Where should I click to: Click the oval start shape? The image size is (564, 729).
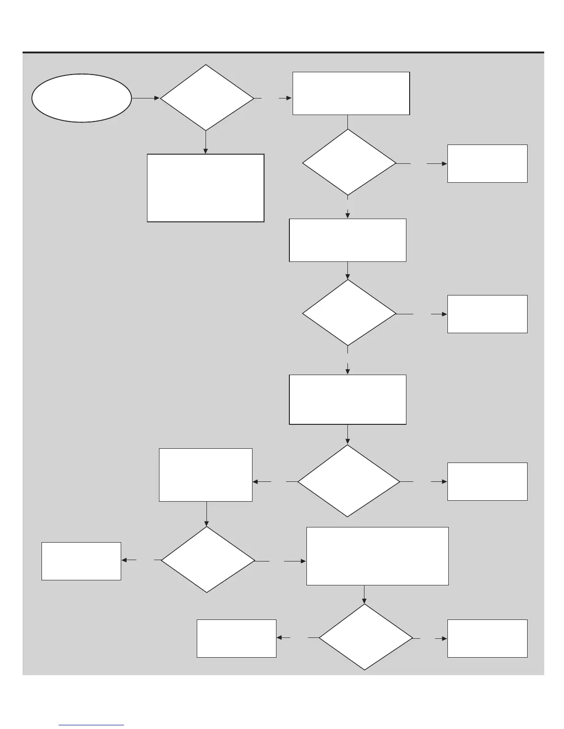pyautogui.click(x=82, y=98)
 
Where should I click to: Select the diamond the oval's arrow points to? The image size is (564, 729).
pyautogui.click(x=206, y=98)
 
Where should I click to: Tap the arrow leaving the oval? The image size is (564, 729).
pyautogui.click(x=146, y=98)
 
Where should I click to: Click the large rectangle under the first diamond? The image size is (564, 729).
pyautogui.click(x=206, y=188)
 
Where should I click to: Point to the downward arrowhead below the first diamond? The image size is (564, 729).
pyautogui.click(x=206, y=150)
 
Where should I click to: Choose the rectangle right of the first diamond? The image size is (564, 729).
pyautogui.click(x=351, y=93)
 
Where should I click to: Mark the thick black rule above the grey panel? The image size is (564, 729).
pyautogui.click(x=283, y=52)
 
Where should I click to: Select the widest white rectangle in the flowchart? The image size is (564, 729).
pyautogui.click(x=377, y=556)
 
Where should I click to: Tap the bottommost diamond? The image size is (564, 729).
pyautogui.click(x=365, y=637)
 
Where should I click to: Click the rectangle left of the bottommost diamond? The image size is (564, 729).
pyautogui.click(x=236, y=638)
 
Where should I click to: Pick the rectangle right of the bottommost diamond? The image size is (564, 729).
pyautogui.click(x=487, y=638)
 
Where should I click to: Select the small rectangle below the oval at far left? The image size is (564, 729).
pyautogui.click(x=81, y=561)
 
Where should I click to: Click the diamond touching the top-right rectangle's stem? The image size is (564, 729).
pyautogui.click(x=349, y=162)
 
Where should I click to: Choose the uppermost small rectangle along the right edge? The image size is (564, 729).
pyautogui.click(x=487, y=163)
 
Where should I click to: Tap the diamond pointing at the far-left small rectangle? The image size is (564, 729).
pyautogui.click(x=207, y=560)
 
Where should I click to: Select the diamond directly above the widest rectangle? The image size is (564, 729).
pyautogui.click(x=349, y=481)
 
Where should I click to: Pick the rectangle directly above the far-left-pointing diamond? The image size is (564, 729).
pyautogui.click(x=206, y=474)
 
